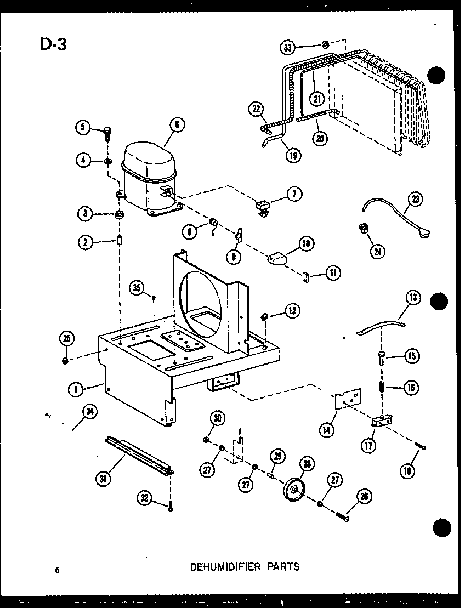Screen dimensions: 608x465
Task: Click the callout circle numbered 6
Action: point(177,125)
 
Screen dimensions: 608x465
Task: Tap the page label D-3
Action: point(53,43)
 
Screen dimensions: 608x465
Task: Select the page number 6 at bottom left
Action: point(56,570)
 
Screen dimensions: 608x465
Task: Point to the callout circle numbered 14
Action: point(327,431)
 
